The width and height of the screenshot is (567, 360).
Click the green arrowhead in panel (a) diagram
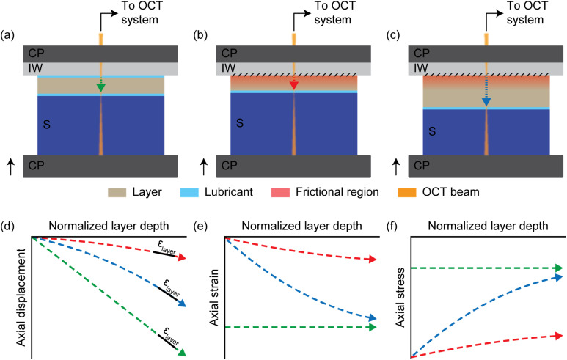[100, 89]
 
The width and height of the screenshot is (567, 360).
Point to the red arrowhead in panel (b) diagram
[293, 86]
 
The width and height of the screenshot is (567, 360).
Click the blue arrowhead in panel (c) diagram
[486, 102]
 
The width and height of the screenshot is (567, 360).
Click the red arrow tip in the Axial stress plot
[561, 335]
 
